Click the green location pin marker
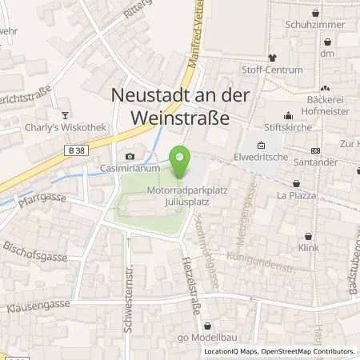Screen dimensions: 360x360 [181, 162]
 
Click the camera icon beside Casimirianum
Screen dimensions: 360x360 [130, 157]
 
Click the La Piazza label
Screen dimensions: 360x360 [297, 195]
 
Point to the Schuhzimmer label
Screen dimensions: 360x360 [315, 25]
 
